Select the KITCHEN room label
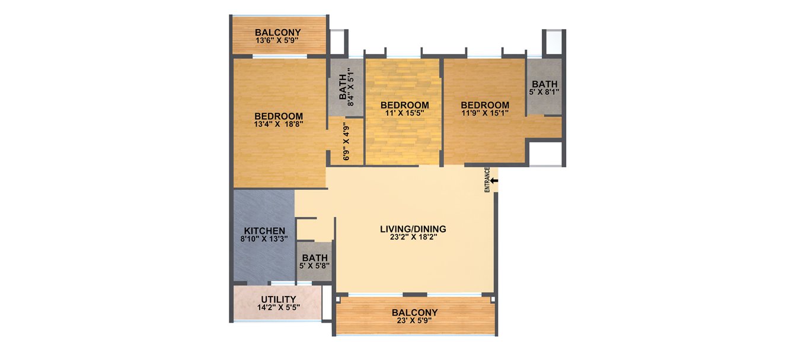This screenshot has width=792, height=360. (265, 231)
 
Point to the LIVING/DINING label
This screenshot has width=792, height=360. (413, 229)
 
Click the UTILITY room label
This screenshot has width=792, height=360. (279, 299)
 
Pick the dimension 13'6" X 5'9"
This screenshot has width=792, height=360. (277, 41)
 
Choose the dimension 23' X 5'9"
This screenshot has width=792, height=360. (414, 321)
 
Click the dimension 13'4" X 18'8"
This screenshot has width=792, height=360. (279, 124)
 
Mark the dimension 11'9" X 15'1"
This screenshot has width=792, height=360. (485, 113)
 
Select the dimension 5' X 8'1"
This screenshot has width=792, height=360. (544, 92)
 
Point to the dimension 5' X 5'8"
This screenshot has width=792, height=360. (315, 266)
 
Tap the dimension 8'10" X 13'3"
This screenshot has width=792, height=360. (265, 239)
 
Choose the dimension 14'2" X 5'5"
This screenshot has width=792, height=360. (279, 307)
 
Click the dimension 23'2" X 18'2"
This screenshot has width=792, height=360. (413, 237)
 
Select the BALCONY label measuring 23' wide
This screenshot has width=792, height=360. (414, 313)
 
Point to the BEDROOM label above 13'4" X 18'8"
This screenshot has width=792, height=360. (279, 116)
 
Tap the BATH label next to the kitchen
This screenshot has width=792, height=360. (315, 258)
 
